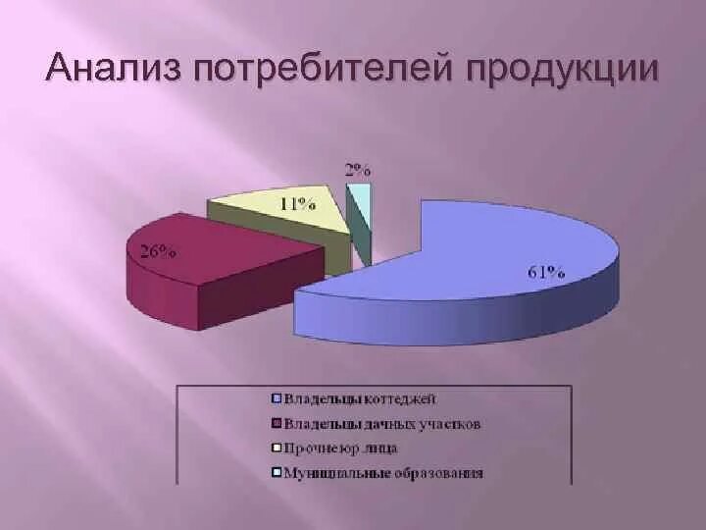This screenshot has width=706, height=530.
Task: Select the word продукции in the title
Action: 563,71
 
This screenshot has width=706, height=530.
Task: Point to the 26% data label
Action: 157,250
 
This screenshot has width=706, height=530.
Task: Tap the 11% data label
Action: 297,204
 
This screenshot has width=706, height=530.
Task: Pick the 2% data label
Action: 357,169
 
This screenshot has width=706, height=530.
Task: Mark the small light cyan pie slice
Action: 361,201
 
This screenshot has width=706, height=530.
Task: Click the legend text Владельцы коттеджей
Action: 360,398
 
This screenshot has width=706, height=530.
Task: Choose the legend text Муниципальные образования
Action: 383,473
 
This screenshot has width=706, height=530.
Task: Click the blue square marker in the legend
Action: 277,398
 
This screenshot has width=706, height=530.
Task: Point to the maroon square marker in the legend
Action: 277,424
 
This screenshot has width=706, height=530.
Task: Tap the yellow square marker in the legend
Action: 277,449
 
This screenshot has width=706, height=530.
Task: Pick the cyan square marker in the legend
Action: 277,473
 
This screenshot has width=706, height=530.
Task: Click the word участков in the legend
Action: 449,424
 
